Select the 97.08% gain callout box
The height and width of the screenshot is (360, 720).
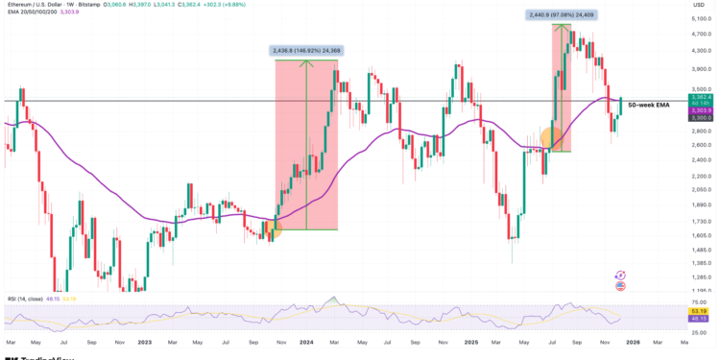tap(563, 14)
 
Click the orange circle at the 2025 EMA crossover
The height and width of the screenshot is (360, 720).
tap(551, 137)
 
